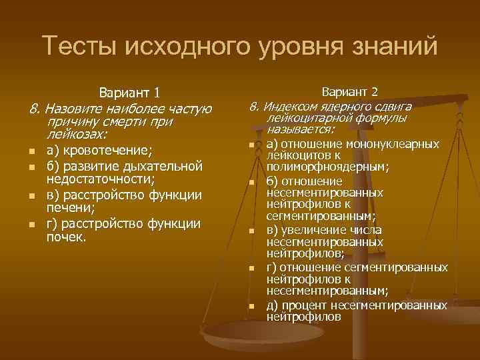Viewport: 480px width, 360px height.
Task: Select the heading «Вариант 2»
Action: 350,91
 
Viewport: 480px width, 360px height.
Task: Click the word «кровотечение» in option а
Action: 107,149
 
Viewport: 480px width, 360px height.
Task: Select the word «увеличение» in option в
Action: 315,230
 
